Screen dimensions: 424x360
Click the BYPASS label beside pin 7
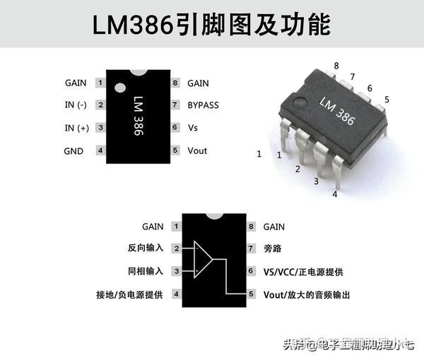click(203, 105)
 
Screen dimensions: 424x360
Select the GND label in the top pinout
click(73, 151)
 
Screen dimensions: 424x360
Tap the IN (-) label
click(75, 105)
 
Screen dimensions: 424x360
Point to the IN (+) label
click(75, 128)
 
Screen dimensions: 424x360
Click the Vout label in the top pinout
click(197, 151)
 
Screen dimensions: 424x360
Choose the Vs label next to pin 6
click(193, 128)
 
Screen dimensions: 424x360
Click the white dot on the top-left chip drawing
click(120, 88)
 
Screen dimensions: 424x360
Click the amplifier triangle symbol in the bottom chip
click(203, 260)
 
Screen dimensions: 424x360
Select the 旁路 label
click(273, 248)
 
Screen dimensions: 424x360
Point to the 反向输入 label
click(145, 248)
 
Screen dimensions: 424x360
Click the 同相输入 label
click(145, 271)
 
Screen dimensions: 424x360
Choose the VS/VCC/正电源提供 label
click(303, 271)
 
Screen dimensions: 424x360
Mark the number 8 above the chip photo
click(336, 65)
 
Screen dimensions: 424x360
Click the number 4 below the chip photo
click(335, 193)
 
